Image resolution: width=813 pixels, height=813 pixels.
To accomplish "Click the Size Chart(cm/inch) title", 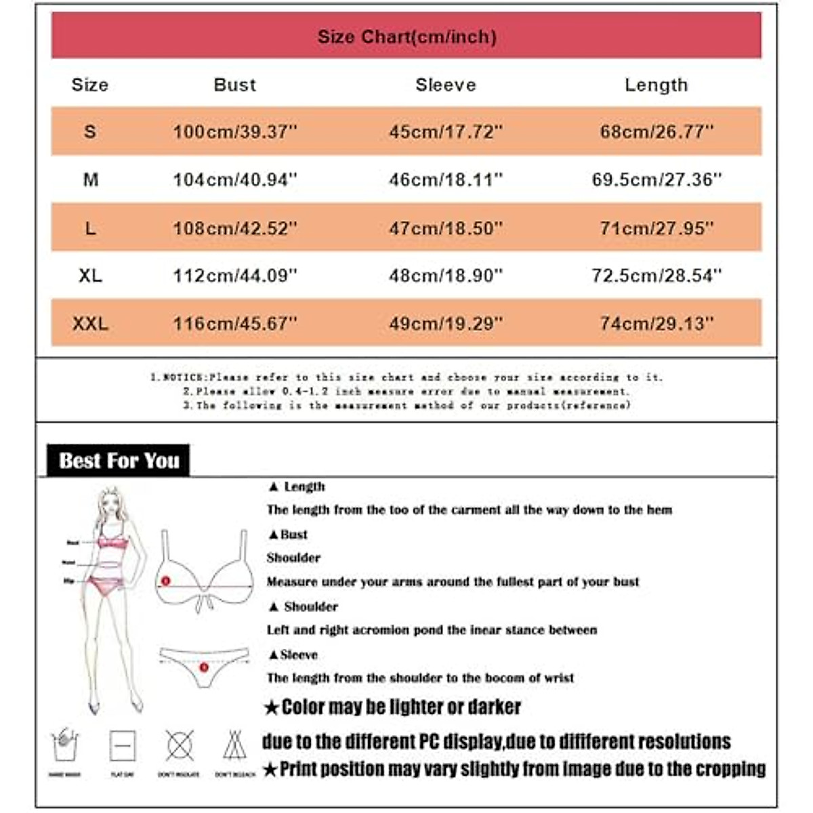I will point(406,37).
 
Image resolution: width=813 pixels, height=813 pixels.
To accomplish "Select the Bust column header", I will point(234,85).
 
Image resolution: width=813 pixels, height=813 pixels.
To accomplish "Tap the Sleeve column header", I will point(445,85).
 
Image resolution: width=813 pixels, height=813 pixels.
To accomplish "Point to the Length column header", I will point(656,85).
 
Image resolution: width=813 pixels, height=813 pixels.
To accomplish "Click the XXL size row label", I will point(90,324).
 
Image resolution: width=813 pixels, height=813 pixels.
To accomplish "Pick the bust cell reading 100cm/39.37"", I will point(234,131).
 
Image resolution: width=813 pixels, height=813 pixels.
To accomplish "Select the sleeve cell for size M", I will point(445,180).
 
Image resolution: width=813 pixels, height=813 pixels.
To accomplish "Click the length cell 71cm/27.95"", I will point(656,228).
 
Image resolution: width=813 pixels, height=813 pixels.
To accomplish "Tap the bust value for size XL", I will point(234,276).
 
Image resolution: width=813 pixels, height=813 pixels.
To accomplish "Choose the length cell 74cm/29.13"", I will point(656,324).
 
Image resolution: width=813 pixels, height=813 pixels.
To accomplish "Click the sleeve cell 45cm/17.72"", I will point(445,131).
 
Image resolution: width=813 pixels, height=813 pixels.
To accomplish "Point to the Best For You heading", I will point(119,461).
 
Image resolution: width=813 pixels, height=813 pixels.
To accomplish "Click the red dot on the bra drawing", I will point(165,581).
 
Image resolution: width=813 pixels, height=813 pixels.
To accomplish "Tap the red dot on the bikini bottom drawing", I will point(204,668).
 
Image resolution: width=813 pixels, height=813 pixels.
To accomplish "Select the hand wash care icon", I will point(65,745).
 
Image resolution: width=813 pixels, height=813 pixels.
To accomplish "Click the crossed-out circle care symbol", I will point(179,745).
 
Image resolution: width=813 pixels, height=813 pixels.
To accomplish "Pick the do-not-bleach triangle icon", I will point(234,745).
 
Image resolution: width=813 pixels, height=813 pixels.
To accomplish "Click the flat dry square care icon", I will point(123,745).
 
